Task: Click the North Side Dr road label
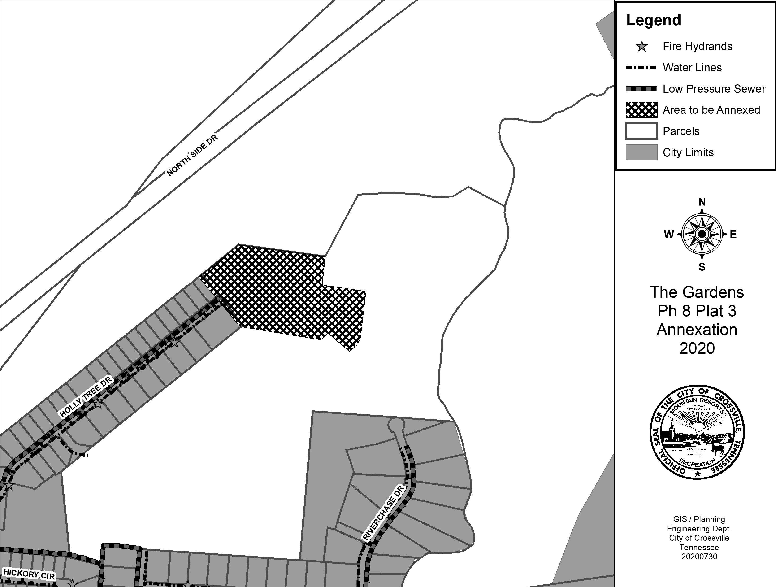[x=192, y=155]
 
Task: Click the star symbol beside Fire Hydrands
[x=642, y=46]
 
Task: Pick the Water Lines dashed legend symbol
[x=641, y=67]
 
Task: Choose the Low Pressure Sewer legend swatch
[x=641, y=89]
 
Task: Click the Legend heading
[x=654, y=20]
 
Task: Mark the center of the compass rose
[x=702, y=234]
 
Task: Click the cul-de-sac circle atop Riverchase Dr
[x=396, y=426]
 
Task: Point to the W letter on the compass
[x=669, y=234]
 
